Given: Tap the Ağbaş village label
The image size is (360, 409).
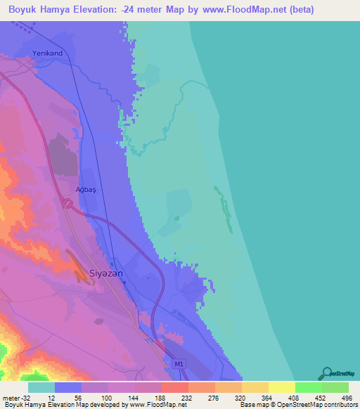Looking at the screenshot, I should [x=84, y=190].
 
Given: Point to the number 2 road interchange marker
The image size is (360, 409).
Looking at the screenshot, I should [x=68, y=203].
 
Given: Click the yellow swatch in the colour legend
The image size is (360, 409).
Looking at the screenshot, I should [x=281, y=387].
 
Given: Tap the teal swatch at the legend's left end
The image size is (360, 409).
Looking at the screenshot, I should [x=41, y=387].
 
